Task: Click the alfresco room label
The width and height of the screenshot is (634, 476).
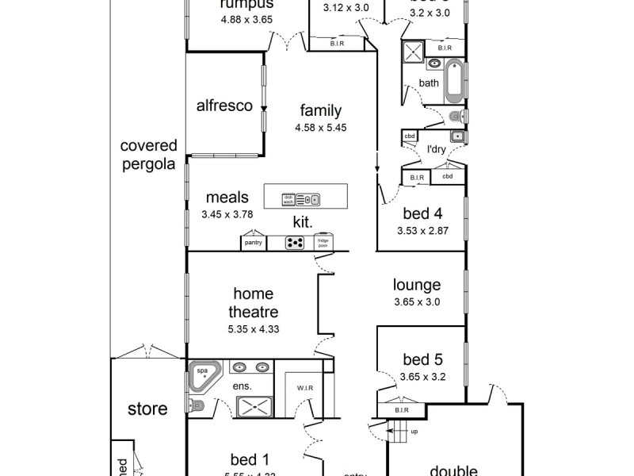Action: (x=224, y=106)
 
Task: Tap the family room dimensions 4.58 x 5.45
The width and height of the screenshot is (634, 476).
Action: (x=320, y=127)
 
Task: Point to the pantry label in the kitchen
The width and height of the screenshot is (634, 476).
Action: (x=254, y=243)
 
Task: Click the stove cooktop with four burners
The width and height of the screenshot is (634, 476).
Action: (x=296, y=243)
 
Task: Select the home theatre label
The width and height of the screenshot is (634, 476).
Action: (x=253, y=303)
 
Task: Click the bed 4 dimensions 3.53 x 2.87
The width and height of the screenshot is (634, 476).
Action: (x=422, y=232)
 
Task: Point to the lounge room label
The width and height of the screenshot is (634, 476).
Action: (x=417, y=285)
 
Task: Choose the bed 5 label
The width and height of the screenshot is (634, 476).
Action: (x=422, y=359)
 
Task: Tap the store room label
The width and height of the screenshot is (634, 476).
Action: (x=148, y=409)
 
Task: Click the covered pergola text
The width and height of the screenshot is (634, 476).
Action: (x=148, y=154)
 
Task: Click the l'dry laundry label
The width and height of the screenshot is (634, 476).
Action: (x=436, y=149)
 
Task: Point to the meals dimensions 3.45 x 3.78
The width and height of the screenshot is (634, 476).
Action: (x=227, y=214)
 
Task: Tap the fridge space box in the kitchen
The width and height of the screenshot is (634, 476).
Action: (x=323, y=242)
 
